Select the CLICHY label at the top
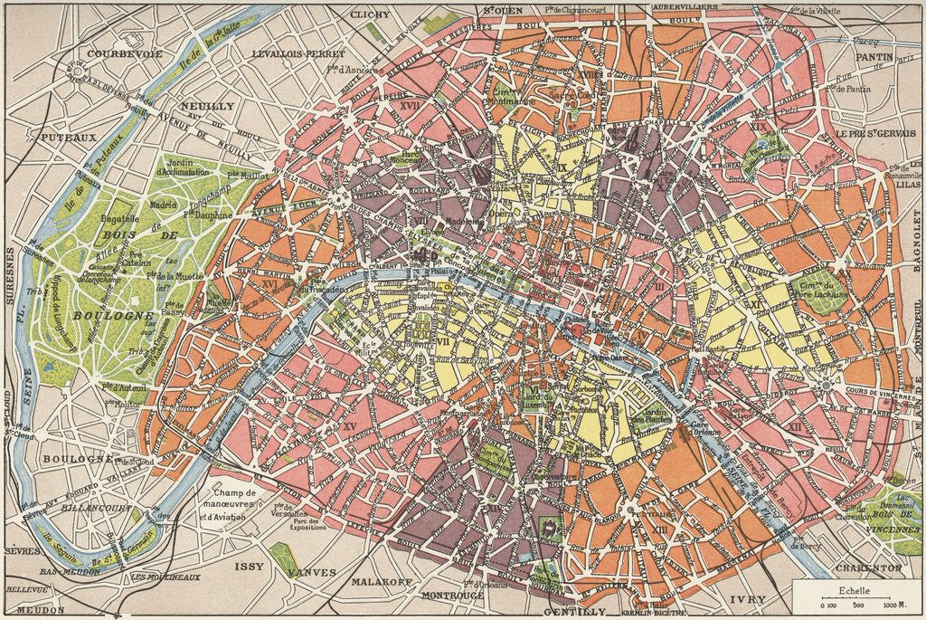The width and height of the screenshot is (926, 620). (x=369, y=14)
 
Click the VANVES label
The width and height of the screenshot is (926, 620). (x=312, y=573)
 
